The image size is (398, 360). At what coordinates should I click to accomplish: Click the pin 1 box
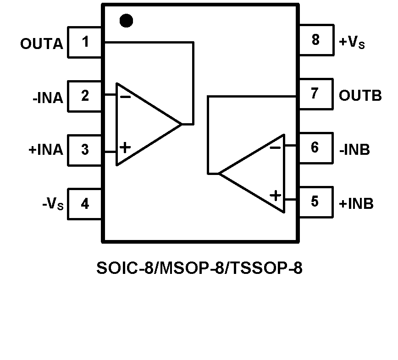[x=85, y=42]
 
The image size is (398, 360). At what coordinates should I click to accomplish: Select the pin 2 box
[x=85, y=96]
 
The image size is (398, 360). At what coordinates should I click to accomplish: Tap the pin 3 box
[x=85, y=150]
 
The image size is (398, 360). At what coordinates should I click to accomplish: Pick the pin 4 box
[x=85, y=203]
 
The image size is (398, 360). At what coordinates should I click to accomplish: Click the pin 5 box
[x=315, y=202]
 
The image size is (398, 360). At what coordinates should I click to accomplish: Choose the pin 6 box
[x=315, y=148]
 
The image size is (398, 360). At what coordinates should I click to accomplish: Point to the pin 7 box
[x=315, y=94]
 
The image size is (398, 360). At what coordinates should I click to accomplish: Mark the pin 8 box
[x=315, y=40]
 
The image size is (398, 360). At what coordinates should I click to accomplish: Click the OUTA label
[x=42, y=44]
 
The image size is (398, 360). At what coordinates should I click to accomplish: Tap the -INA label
[x=48, y=98]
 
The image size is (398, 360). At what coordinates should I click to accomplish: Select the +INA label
[x=46, y=150]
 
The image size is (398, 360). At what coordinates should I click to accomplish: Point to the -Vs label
[x=52, y=204]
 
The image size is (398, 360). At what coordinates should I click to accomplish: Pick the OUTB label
[x=360, y=96]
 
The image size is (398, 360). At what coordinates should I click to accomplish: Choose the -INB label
[x=354, y=150]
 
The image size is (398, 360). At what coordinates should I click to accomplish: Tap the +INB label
[x=356, y=203]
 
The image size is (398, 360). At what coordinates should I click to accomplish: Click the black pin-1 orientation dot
[x=126, y=21]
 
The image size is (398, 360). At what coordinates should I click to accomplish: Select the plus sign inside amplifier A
[x=125, y=147]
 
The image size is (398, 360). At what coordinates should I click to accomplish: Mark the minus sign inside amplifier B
[x=275, y=147]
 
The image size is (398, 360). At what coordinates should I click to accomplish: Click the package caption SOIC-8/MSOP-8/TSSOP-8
[x=199, y=268]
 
